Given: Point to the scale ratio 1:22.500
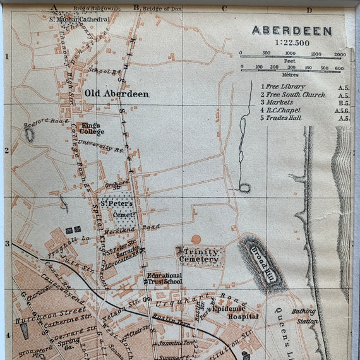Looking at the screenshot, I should pos(291,42).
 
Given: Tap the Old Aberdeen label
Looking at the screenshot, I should pos(116,94).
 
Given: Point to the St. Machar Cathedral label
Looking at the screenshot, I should pos(79,20).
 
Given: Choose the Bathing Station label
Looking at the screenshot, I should pos(305,315).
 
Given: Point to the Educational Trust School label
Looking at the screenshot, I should pos(164,279).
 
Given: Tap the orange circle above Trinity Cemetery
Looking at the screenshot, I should pos(196,239).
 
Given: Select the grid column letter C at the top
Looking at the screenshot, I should pos(224,8).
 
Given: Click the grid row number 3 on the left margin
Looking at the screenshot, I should pos(7,243).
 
